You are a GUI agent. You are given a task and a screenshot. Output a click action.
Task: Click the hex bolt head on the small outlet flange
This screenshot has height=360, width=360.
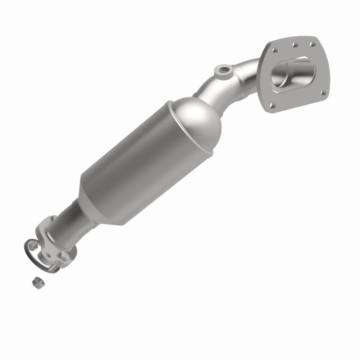63,255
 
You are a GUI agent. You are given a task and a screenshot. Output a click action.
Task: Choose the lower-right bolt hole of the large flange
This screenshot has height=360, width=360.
322,92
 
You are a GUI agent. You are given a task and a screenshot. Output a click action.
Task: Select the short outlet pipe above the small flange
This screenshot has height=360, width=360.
75,220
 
